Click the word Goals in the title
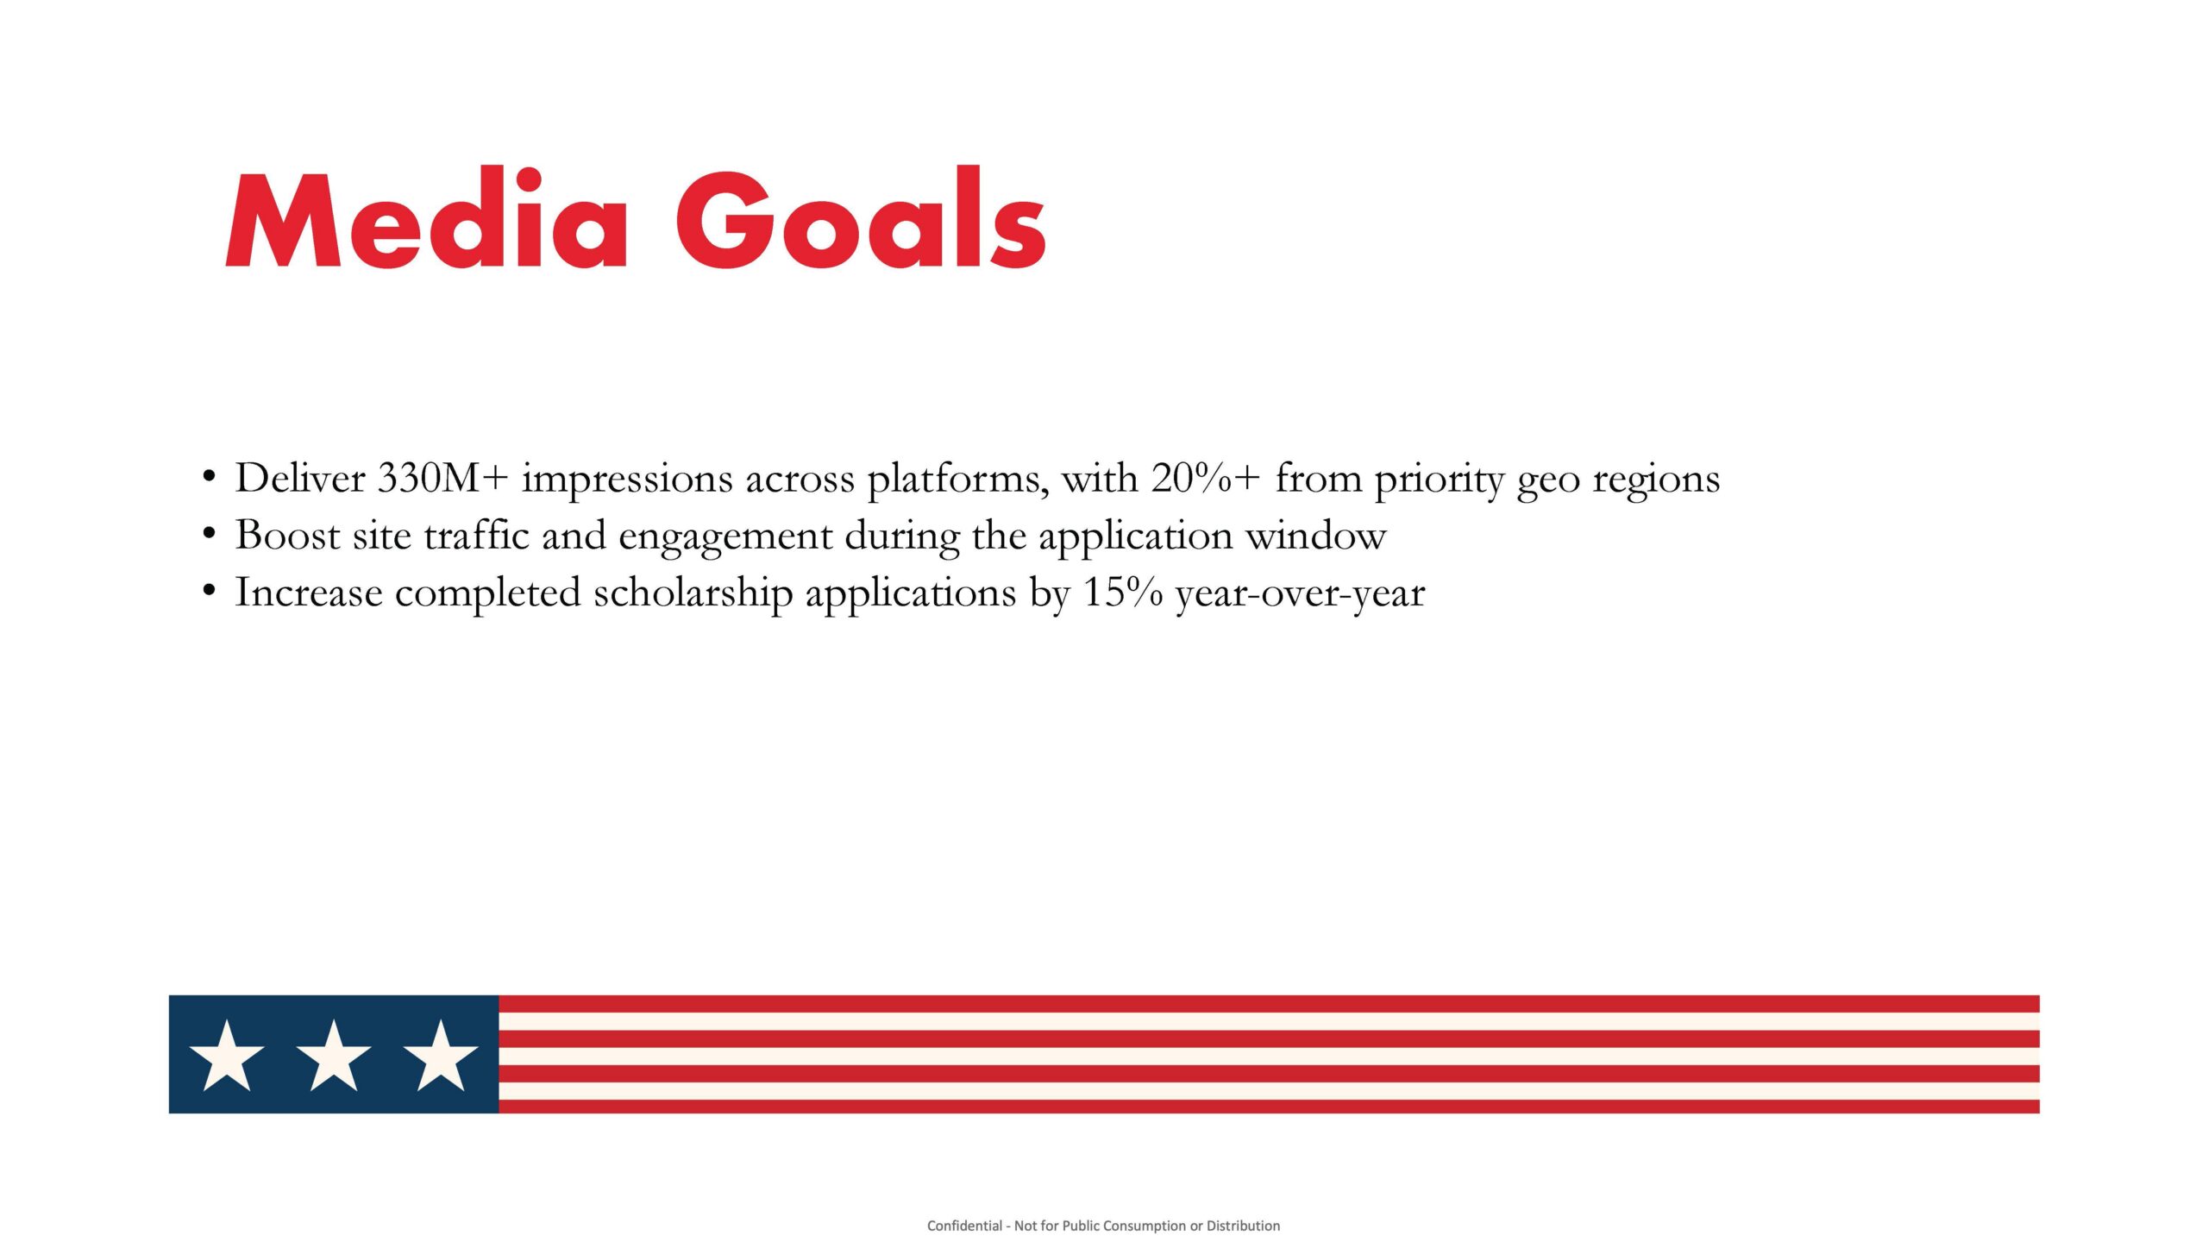point(860,219)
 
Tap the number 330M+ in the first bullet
point(442,479)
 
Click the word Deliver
point(300,479)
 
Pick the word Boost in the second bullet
point(288,536)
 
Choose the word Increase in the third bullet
point(309,593)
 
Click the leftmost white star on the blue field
point(227,1057)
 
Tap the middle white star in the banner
point(334,1057)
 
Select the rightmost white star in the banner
point(441,1057)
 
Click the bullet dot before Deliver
point(208,476)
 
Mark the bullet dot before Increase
point(208,591)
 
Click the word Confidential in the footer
point(964,1226)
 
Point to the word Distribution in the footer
point(1243,1226)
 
